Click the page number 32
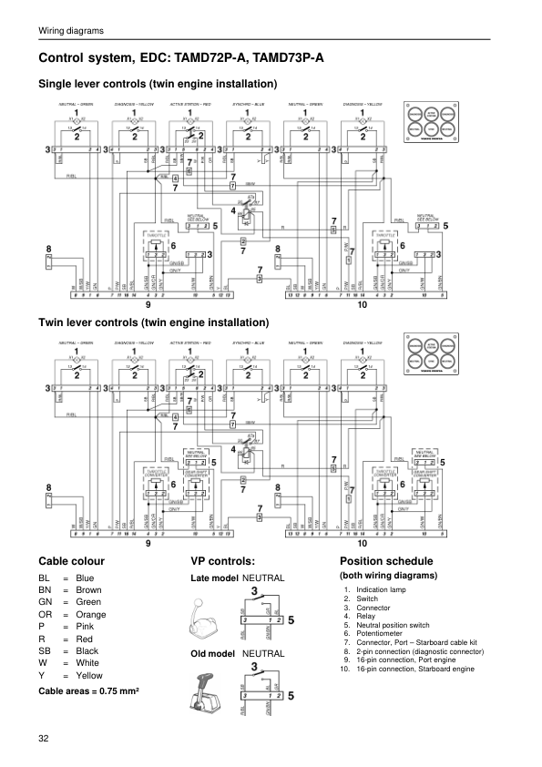click(44, 737)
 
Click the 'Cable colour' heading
click(71, 560)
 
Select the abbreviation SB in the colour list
click(44, 651)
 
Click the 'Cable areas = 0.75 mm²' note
click(88, 693)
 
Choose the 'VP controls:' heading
click(221, 560)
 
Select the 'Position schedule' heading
click(385, 560)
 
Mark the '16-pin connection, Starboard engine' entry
click(416, 670)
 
